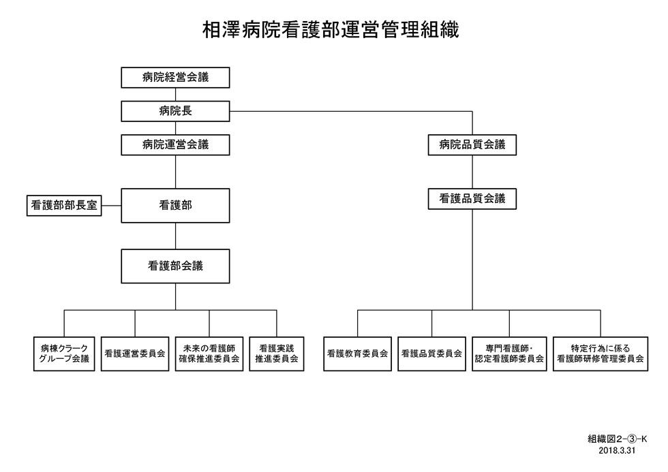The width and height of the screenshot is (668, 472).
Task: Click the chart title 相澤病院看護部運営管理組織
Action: click(x=331, y=30)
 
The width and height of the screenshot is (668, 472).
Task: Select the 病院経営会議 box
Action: click(x=176, y=78)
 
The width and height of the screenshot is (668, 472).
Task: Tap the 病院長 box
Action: click(x=176, y=111)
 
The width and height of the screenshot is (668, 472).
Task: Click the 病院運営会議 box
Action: click(x=176, y=144)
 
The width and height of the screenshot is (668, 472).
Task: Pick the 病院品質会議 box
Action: click(x=472, y=144)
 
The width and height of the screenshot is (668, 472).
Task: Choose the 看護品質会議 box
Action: click(x=472, y=199)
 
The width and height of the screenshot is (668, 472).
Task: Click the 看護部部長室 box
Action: click(x=64, y=206)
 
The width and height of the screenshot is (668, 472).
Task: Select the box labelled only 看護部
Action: click(x=176, y=206)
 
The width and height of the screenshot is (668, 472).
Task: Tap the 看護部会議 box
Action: click(x=176, y=266)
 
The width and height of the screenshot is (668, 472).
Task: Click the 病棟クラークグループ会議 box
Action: click(x=64, y=353)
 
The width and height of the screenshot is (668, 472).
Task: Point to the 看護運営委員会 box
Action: click(x=135, y=353)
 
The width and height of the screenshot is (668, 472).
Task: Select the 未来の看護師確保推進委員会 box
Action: click(x=209, y=353)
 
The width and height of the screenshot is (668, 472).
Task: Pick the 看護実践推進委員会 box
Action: click(x=277, y=353)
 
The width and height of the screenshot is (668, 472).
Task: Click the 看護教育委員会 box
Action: click(x=357, y=353)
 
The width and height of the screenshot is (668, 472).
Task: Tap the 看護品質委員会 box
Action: click(x=431, y=353)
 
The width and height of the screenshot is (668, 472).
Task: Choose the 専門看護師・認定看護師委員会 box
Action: click(x=510, y=353)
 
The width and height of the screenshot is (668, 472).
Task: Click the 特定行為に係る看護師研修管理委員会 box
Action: click(x=601, y=353)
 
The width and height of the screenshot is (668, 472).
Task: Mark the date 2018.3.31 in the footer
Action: click(x=617, y=450)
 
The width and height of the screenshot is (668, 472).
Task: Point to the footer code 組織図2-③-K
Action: click(x=618, y=439)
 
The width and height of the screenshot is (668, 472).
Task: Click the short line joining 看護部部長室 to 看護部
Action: click(x=112, y=206)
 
